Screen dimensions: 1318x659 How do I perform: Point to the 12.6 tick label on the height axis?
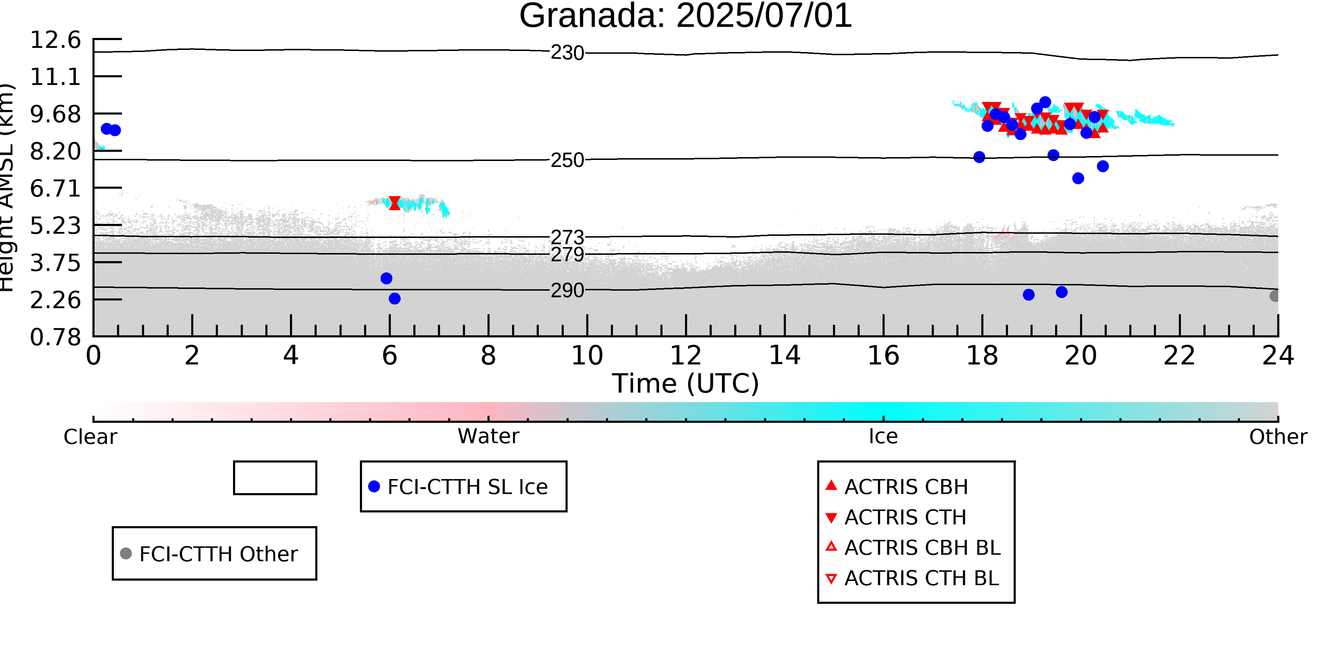55,40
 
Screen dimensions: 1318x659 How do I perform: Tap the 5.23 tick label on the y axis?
55,226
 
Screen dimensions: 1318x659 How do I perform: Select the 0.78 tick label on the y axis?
55,337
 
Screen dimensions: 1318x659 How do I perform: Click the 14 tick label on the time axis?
784,356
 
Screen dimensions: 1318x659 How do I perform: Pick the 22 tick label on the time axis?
1179,356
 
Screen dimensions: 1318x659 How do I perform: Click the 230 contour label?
567,53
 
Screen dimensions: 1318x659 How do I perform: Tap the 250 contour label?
567,160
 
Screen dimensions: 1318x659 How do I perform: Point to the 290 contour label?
567,290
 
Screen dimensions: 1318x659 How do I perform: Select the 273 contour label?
567,237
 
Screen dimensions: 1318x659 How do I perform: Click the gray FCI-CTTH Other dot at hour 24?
1274,296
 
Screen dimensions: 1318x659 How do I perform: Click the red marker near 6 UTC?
394,203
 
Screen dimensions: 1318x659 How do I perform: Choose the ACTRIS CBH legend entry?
896,486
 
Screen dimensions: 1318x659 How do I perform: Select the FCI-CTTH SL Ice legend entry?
458,486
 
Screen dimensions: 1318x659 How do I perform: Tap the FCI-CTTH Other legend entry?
209,554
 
